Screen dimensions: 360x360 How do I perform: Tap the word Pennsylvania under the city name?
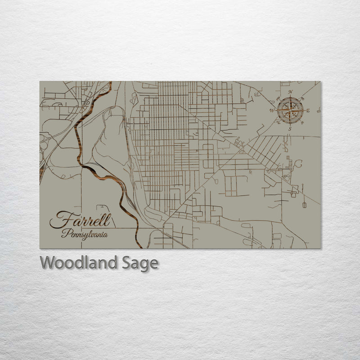coord(85,234)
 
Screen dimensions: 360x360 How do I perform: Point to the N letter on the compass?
coord(290,92)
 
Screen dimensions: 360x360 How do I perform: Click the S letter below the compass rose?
coord(290,129)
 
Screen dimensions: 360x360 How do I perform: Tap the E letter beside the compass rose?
coord(308,111)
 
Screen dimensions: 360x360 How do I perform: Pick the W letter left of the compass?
coord(272,110)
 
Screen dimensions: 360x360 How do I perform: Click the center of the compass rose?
coord(290,110)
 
